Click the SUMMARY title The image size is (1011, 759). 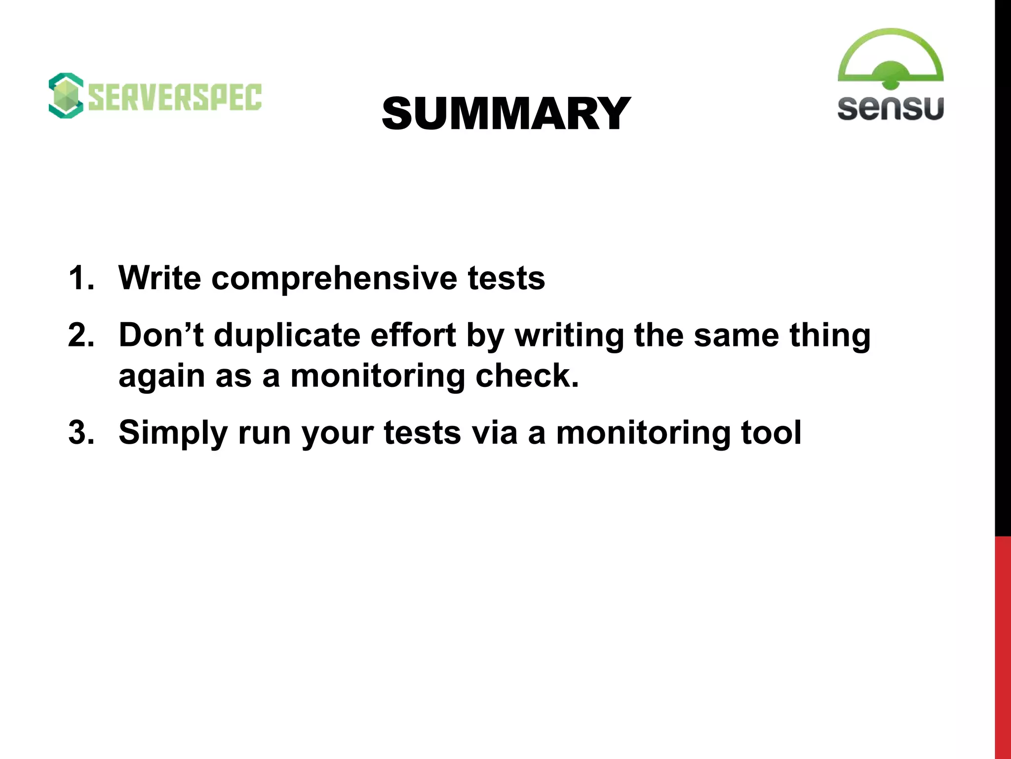pyautogui.click(x=506, y=114)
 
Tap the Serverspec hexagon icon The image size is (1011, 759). pyautogui.click(x=66, y=96)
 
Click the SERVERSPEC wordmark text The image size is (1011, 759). pyautogui.click(x=175, y=97)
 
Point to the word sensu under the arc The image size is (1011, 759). pyautogui.click(x=890, y=108)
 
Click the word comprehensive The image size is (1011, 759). pyautogui.click(x=334, y=279)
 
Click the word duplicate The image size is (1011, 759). pyautogui.click(x=287, y=336)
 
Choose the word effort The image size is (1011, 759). pyautogui.click(x=413, y=335)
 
